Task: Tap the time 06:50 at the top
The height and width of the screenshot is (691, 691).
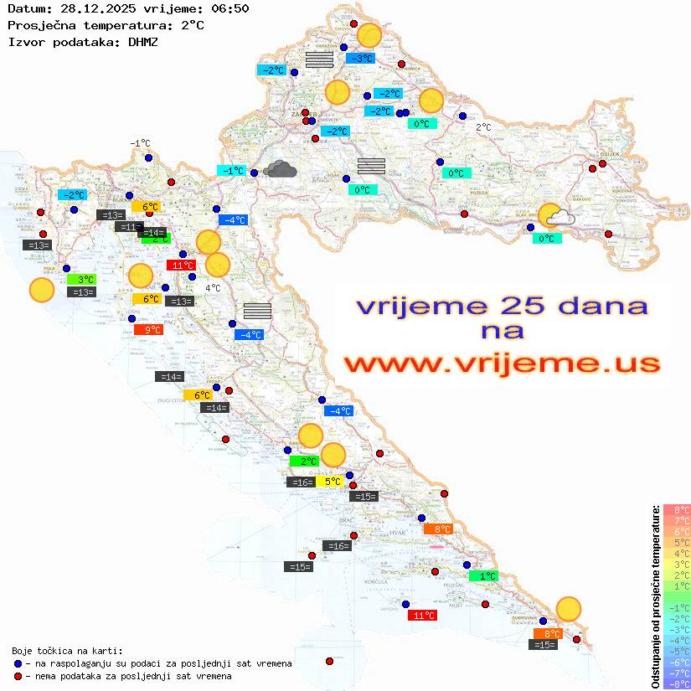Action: tap(229, 8)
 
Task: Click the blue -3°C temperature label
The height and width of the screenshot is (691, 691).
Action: tap(360, 59)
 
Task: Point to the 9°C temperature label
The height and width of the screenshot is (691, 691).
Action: tap(147, 330)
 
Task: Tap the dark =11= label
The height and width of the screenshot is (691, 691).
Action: tap(128, 227)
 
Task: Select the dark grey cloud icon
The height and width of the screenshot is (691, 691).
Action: tap(279, 170)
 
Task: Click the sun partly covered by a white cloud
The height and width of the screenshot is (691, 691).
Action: tap(554, 217)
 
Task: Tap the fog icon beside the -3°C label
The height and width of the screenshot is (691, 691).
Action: tap(319, 59)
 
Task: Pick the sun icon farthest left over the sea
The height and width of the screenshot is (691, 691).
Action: tap(41, 290)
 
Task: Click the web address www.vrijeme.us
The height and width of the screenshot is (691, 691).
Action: tap(501, 364)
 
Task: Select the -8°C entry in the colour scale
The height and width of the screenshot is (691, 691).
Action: tap(676, 683)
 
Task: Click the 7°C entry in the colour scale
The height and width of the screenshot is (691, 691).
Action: tap(676, 520)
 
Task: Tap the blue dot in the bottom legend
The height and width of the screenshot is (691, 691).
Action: tap(18, 663)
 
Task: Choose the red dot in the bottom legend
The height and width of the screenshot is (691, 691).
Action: tap(18, 676)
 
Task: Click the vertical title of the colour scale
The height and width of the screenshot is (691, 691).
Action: tap(654, 596)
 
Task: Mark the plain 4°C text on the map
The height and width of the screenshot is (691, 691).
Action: tap(213, 288)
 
